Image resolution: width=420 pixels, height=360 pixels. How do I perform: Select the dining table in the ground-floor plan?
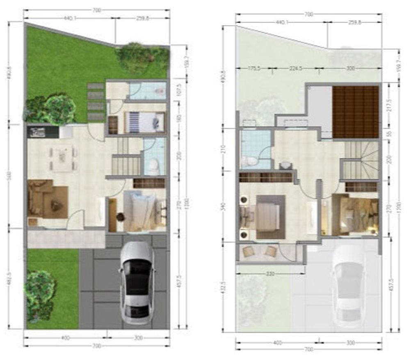62,158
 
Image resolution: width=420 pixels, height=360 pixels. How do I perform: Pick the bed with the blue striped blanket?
144,122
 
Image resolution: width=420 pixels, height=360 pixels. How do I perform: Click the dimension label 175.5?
254,69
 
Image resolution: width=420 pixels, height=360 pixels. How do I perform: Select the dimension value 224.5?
296,69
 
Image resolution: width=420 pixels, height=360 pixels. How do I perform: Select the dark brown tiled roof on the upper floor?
355,112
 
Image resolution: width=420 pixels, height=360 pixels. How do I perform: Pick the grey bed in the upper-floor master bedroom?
269,216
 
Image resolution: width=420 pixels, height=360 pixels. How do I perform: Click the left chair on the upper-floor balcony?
249,252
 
